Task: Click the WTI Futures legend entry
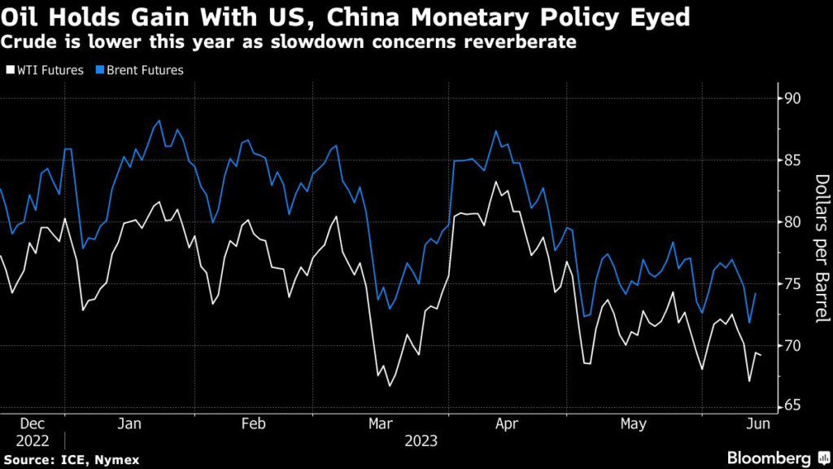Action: click(x=47, y=70)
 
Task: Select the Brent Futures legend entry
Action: click(x=142, y=70)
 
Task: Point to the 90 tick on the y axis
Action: click(x=792, y=99)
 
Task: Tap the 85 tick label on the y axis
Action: click(x=792, y=160)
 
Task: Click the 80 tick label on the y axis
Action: click(x=792, y=222)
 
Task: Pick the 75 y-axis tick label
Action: click(x=792, y=284)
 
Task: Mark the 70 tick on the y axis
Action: click(x=792, y=346)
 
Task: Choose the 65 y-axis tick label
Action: click(x=792, y=407)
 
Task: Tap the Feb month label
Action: click(x=254, y=424)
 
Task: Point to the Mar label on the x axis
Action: click(x=380, y=424)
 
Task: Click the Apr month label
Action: click(x=506, y=424)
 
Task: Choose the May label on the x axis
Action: click(x=632, y=424)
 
